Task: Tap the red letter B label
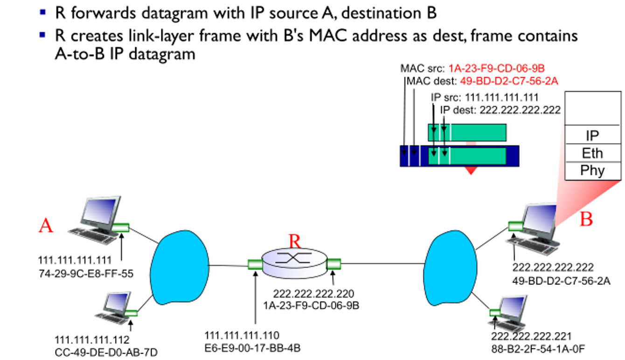pyautogui.click(x=586, y=219)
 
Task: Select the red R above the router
pyautogui.click(x=295, y=242)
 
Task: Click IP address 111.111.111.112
pyautogui.click(x=92, y=339)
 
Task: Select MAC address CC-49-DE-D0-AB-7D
pyautogui.click(x=106, y=351)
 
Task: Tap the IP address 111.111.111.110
pyautogui.click(x=242, y=335)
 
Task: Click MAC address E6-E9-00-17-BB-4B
pyautogui.click(x=256, y=347)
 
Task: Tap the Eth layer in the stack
pyautogui.click(x=592, y=153)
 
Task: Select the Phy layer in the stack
pyautogui.click(x=592, y=170)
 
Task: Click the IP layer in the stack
pyautogui.click(x=592, y=136)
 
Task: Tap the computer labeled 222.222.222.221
pyautogui.click(x=507, y=310)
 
